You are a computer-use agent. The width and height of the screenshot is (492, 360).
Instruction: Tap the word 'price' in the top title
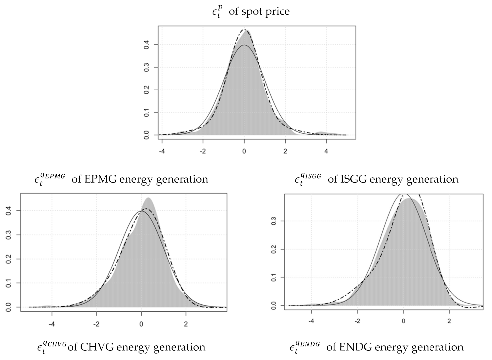pos(277,12)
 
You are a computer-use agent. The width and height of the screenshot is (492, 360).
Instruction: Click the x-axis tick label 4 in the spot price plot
pos(326,151)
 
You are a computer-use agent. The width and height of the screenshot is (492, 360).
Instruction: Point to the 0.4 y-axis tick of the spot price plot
pos(147,45)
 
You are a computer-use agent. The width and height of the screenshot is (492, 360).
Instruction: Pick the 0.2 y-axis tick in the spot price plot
pos(147,90)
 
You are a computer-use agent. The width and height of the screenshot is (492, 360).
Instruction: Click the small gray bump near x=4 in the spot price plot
pos(321,133)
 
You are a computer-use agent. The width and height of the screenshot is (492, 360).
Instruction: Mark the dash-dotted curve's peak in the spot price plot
pos(244,30)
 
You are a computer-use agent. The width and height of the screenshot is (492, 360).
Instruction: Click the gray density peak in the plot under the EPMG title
pos(148,199)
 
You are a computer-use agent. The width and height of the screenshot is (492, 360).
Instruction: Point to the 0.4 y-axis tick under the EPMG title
pos(9,211)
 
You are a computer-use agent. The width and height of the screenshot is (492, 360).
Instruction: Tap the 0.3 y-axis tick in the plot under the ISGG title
pos(273,221)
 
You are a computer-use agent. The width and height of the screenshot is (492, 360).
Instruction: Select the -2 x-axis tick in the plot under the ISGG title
pos(357,321)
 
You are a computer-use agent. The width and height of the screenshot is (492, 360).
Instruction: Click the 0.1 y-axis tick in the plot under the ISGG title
pos(273,277)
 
